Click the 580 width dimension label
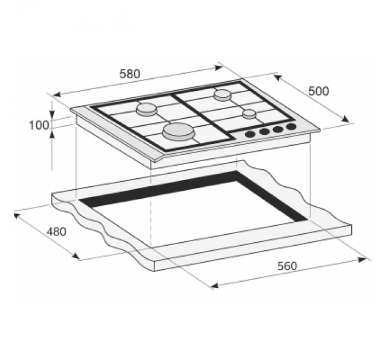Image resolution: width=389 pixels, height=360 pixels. (x=130, y=74)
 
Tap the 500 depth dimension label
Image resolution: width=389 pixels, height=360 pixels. (x=318, y=91)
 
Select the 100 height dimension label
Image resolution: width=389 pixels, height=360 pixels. (x=39, y=125)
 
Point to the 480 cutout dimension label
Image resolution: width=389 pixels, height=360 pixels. (x=56, y=232)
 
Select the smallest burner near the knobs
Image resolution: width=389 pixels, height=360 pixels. (x=248, y=113)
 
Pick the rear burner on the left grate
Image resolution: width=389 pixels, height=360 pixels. (x=146, y=109)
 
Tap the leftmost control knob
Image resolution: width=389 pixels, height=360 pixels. (x=250, y=134)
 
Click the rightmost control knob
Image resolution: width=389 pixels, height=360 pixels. (x=292, y=126)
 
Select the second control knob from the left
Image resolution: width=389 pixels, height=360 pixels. (x=264, y=131)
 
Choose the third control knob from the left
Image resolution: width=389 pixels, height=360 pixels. (x=278, y=129)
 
